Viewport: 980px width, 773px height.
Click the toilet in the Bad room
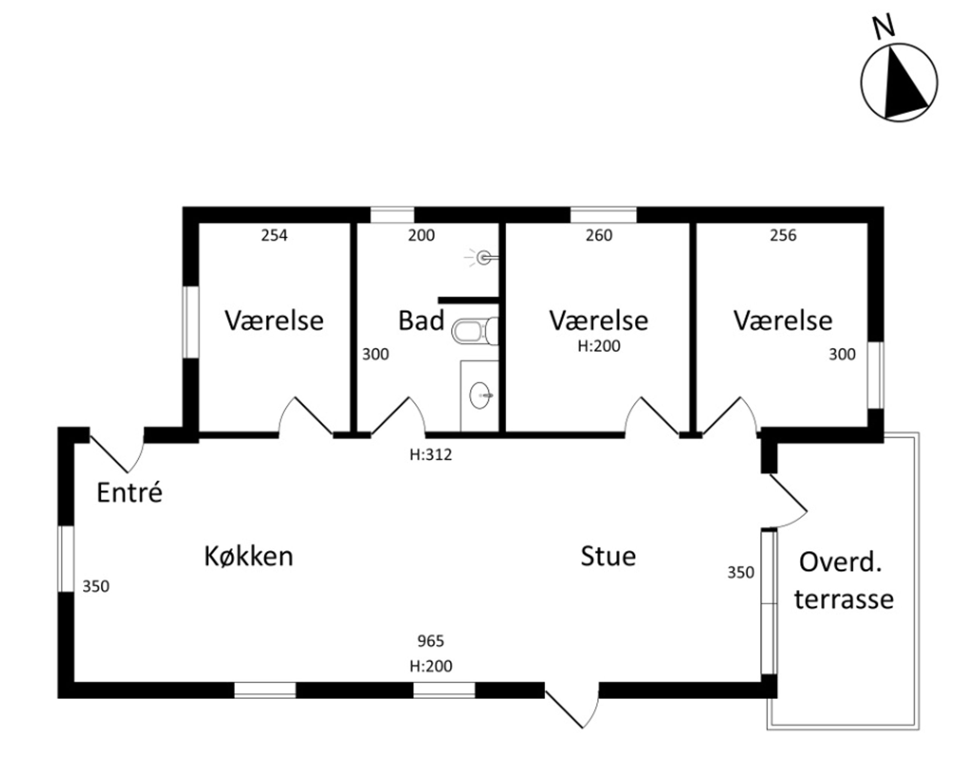tap(474, 331)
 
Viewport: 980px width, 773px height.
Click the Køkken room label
tap(248, 556)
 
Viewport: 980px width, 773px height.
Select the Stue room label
tap(608, 556)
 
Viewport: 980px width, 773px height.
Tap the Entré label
tap(129, 493)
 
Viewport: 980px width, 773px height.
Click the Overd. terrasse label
tap(843, 581)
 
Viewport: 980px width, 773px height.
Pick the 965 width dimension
tap(430, 641)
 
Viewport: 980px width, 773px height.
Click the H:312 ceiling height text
tap(430, 454)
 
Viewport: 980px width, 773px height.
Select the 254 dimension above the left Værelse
tap(274, 235)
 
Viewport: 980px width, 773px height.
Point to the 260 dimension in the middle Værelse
tap(599, 235)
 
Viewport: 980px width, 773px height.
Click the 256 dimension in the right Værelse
tap(783, 235)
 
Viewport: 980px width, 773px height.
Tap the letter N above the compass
tap(884, 26)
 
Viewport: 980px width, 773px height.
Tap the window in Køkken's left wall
tap(66, 559)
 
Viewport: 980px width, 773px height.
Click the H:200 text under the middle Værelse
tap(599, 346)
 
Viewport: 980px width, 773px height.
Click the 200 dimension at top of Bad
tap(421, 235)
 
